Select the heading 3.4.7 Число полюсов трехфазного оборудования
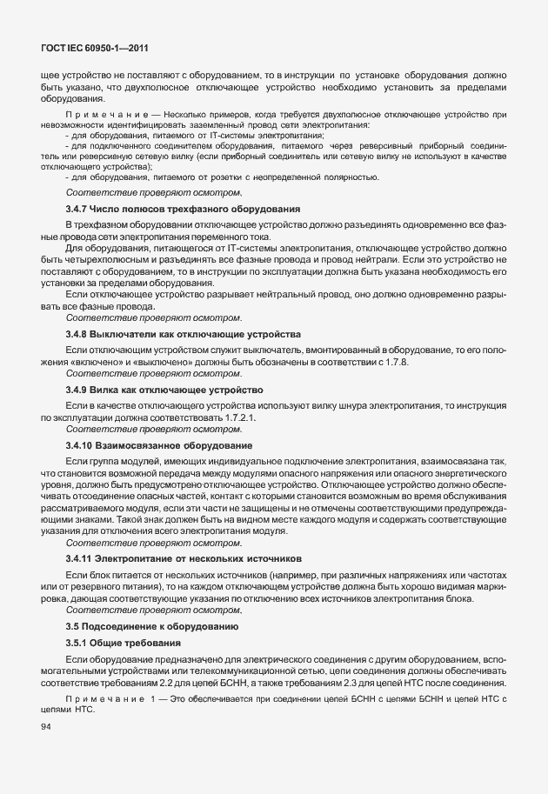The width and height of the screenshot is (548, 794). point(184,210)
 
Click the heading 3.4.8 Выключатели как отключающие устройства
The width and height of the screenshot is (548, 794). point(183,335)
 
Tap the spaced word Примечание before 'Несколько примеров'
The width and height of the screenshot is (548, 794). point(100,114)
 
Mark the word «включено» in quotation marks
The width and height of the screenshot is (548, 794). point(90,361)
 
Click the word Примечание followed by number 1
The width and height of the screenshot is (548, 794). point(100,700)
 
